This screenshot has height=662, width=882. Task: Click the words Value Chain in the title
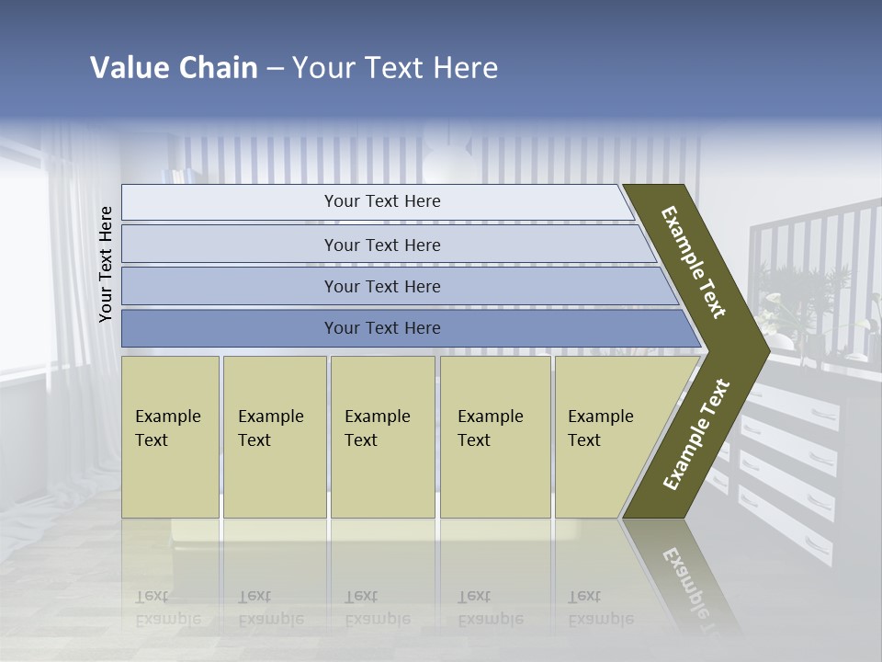174,68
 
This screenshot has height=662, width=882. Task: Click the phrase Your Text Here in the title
395,68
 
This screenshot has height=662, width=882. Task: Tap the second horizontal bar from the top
381,245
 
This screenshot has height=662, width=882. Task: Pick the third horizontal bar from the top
381,286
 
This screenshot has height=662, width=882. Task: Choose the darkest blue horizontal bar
381,328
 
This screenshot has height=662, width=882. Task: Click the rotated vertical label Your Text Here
106,264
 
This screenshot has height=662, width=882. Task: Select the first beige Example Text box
170,437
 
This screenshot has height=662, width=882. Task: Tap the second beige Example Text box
274,437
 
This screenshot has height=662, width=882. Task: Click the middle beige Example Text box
382,437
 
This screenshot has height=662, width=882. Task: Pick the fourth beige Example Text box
494,437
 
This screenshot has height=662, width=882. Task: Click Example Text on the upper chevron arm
694,262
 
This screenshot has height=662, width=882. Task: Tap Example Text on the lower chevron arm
695,435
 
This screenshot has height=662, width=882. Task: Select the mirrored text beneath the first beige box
168,609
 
